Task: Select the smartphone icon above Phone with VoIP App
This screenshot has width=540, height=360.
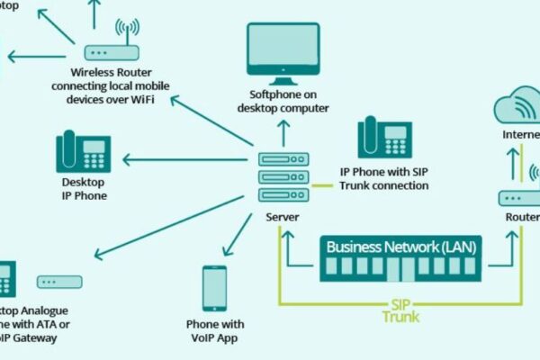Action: point(214,289)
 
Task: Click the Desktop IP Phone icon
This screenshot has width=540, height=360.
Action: point(83,153)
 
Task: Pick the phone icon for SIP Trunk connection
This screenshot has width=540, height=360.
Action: point(384,137)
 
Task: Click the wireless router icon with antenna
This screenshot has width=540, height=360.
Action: point(112,46)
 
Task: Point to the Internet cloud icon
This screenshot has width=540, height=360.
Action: point(519,107)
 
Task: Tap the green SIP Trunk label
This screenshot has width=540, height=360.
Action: point(400,310)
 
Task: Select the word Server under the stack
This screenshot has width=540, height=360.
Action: point(283,217)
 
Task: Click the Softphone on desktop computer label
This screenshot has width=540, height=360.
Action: point(283,102)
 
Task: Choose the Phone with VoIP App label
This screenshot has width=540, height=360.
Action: point(214,330)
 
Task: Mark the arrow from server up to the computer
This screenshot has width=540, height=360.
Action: point(283,133)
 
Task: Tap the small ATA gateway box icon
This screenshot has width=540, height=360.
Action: point(59,282)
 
